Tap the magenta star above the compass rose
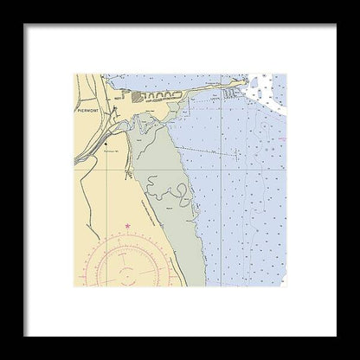pos(127,226)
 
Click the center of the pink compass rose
pos(126,275)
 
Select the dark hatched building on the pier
pos(138,96)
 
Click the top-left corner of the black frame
pos(3,3)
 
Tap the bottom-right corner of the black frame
pos(357,357)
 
